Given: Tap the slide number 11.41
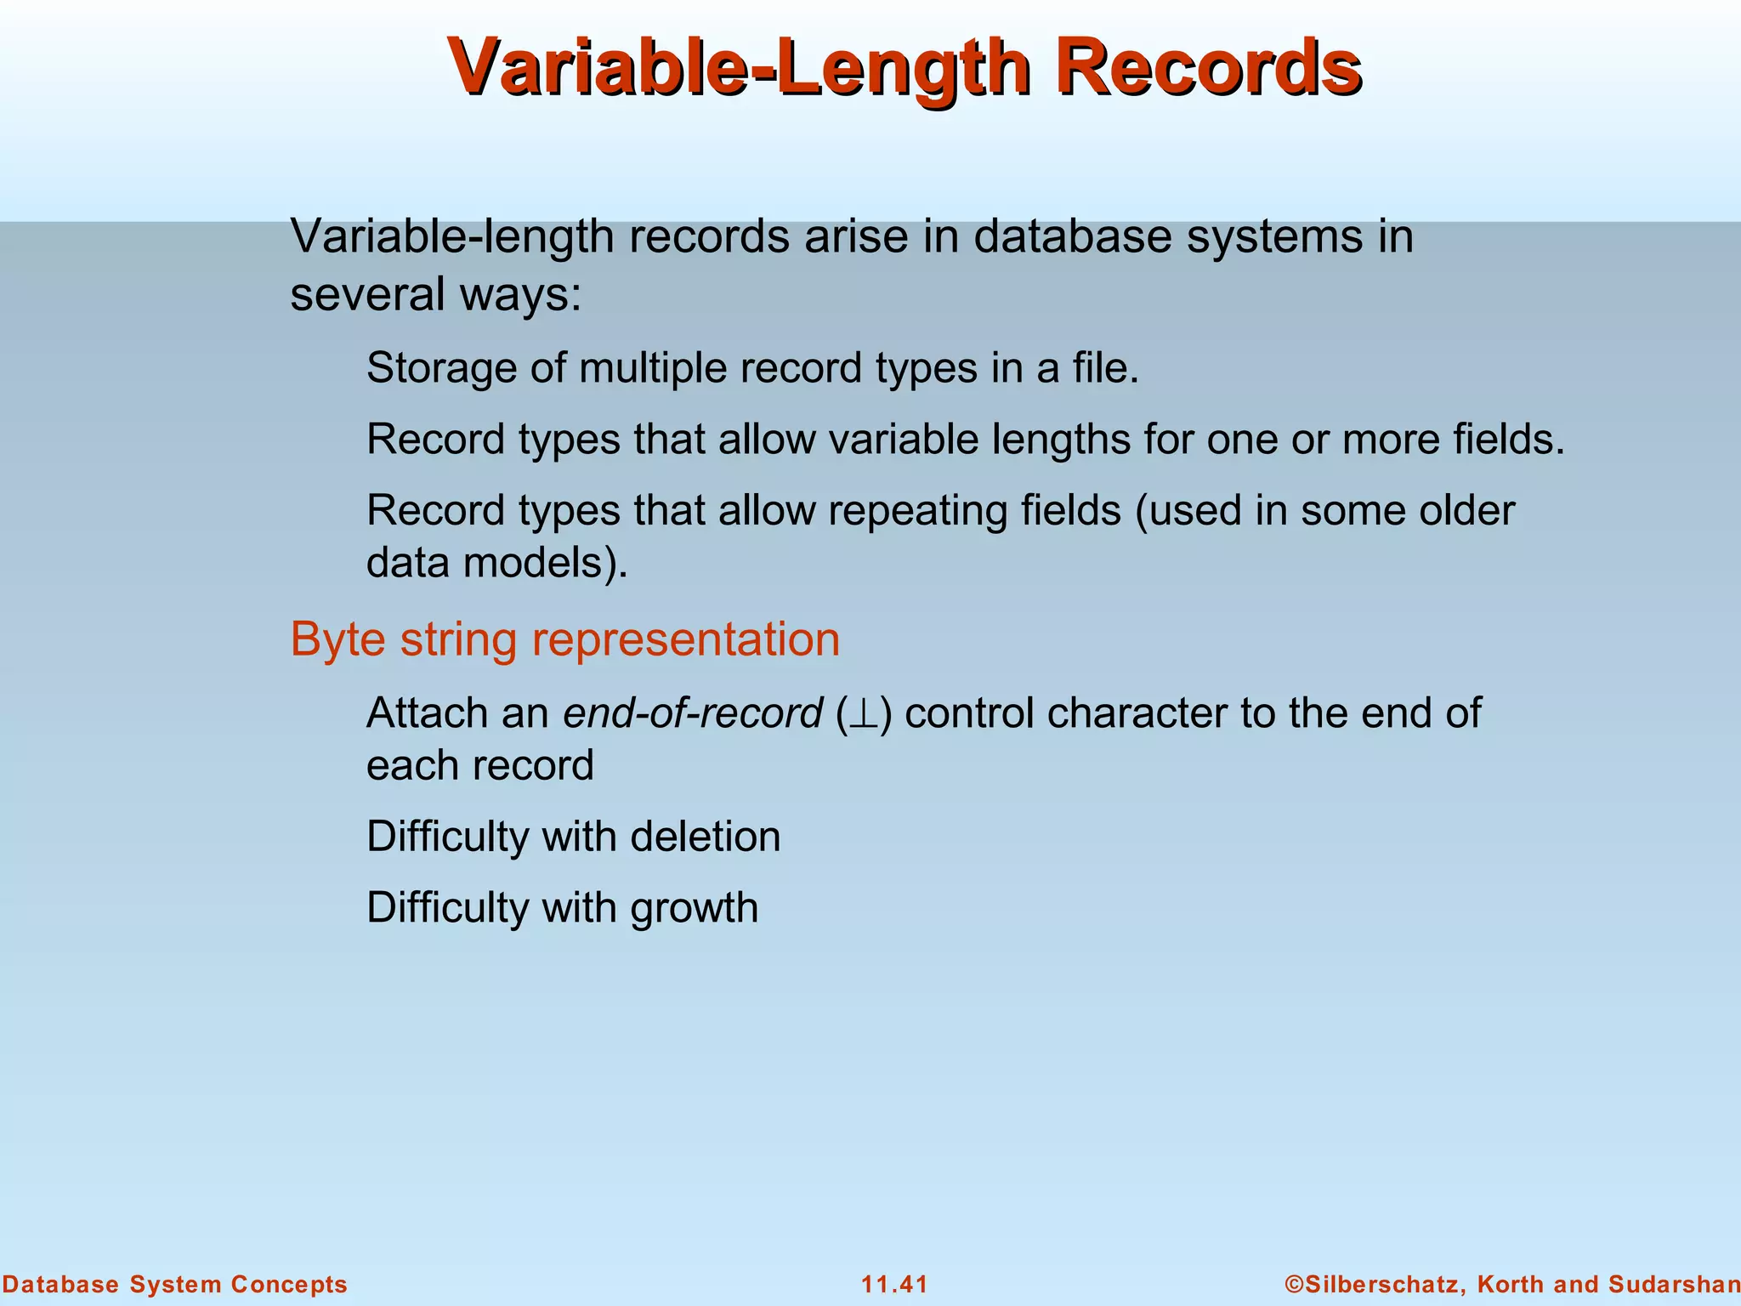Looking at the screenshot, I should point(894,1284).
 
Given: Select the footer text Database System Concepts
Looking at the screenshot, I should point(175,1284).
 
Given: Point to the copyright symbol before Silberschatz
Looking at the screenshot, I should point(1294,1284).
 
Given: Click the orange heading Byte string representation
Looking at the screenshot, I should point(564,639).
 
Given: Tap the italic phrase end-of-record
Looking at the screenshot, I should point(692,713).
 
